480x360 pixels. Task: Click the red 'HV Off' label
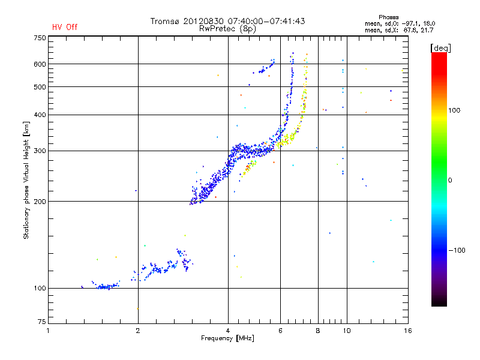pyautogui.click(x=64, y=27)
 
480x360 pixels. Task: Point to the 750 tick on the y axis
pyautogui.click(x=40, y=37)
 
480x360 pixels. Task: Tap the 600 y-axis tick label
pyautogui.click(x=40, y=64)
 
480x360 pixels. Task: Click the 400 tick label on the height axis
pyautogui.click(x=40, y=115)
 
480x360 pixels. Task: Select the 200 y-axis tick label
pyautogui.click(x=40, y=202)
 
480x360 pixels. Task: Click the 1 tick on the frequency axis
pyautogui.click(x=48, y=331)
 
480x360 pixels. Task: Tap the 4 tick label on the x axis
pyautogui.click(x=228, y=331)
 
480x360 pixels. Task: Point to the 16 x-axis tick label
pyautogui.click(x=407, y=331)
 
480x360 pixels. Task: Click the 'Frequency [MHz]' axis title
pyautogui.click(x=227, y=339)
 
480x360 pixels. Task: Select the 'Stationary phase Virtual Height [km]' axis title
pyautogui.click(x=26, y=180)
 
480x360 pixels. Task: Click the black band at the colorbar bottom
pyautogui.click(x=439, y=301)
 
